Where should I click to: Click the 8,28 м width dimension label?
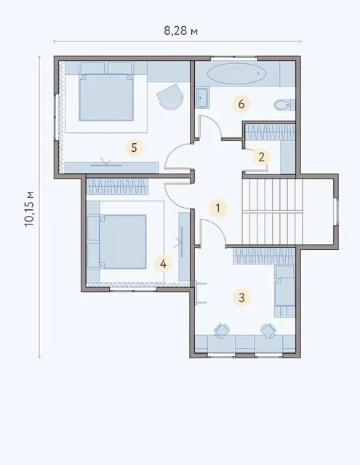[181, 31]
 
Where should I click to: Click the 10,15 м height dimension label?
[30, 209]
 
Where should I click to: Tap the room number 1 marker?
[218, 208]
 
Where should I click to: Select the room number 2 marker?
[261, 157]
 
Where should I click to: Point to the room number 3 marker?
[241, 297]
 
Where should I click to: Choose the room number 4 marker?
[163, 263]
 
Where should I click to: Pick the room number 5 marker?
[134, 147]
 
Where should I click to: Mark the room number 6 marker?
[241, 104]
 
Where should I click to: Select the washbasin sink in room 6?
[202, 98]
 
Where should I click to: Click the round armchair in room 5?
[169, 97]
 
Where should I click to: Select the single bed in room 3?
[285, 291]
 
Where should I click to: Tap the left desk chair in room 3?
[221, 331]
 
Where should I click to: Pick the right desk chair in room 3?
[268, 331]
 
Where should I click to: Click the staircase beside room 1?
[272, 211]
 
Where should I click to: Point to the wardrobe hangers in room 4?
[117, 187]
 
